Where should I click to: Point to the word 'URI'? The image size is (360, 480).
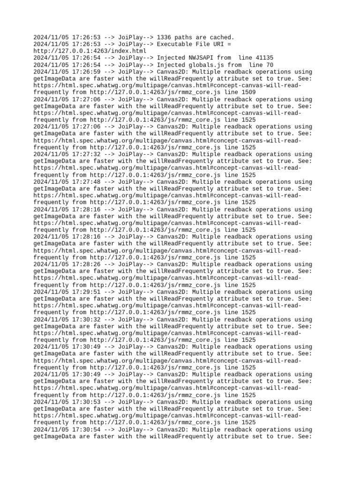click(217, 44)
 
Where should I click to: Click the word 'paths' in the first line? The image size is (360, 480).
click(186, 37)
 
